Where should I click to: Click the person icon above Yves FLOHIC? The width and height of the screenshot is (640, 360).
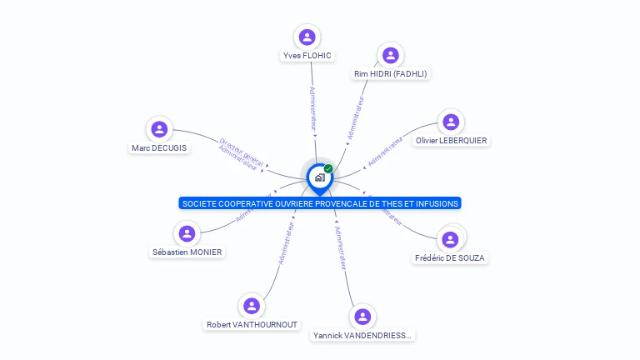coord(307,37)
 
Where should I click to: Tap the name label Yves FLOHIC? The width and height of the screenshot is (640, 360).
coord(307,56)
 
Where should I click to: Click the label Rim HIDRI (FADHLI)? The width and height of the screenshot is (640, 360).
coord(391,74)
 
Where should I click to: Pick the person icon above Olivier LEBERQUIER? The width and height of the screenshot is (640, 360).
coord(451,122)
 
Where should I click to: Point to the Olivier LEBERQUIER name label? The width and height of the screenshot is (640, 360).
coord(451,141)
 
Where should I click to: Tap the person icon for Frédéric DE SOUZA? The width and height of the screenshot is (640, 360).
coord(450,239)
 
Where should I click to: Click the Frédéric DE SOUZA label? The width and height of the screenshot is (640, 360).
coord(450,258)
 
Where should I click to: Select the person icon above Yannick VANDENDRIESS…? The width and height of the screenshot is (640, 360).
coord(362,317)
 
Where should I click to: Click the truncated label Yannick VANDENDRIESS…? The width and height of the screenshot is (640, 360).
coord(362,336)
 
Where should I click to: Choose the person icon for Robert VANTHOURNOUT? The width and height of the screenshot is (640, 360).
coord(252,306)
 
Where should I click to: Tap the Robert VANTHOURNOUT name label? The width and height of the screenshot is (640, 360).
coord(252,325)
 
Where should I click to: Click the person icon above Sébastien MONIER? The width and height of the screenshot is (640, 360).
coord(187,233)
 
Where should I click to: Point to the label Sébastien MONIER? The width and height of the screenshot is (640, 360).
coord(187,252)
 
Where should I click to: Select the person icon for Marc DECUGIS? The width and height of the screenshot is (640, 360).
coord(159,129)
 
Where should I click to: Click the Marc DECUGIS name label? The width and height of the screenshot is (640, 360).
coord(159,148)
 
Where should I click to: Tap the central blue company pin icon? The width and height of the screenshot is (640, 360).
coord(319,177)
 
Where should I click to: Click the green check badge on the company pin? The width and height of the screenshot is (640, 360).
coord(328,168)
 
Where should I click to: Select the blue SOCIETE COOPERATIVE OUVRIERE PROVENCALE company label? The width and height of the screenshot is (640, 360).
coord(320,203)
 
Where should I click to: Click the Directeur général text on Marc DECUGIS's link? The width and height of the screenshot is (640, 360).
coord(241,152)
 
